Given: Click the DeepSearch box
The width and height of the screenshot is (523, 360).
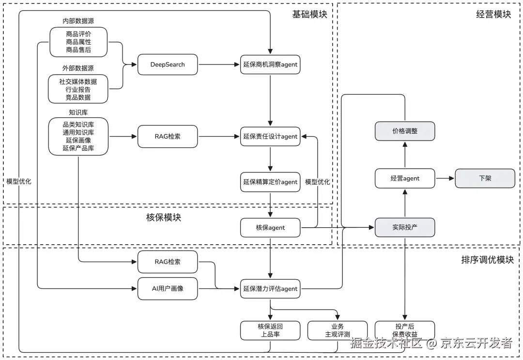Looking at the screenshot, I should (168, 64).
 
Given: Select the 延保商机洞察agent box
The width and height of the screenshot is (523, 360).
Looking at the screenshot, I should (270, 64).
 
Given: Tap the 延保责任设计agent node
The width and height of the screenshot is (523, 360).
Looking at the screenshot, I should (270, 137).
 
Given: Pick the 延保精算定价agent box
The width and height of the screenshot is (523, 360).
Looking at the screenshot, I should (270, 182).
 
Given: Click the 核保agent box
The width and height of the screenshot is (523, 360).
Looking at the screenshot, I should (270, 227).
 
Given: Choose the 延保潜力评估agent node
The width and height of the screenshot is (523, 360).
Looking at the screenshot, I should (270, 289).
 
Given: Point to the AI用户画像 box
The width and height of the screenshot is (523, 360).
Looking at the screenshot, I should (168, 289).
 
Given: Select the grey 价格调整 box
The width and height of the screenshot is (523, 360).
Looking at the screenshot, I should (405, 131).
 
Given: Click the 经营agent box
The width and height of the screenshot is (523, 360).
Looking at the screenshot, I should (405, 178).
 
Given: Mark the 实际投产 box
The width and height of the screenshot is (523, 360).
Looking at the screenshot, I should (405, 227).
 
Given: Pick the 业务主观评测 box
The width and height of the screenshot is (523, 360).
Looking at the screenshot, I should (338, 330).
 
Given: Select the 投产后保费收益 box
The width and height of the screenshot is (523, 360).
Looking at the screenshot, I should (405, 330).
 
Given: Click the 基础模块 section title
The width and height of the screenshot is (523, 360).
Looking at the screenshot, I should (309, 14).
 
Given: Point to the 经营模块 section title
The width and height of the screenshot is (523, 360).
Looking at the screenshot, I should (493, 14).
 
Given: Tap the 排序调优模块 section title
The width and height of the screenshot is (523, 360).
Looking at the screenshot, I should (487, 260).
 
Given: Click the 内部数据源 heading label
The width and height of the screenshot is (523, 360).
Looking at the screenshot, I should (78, 21).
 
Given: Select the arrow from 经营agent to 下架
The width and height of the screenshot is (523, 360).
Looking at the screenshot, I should (445, 178).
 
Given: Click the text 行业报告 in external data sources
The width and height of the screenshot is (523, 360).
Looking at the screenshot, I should (78, 90).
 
